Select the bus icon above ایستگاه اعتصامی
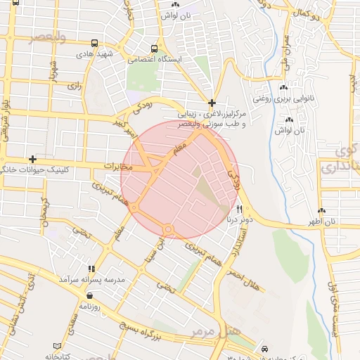pyautogui.click(x=154, y=49)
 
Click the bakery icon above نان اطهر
pyautogui.click(x=322, y=210)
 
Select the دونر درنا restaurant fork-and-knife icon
pyautogui.click(x=239, y=209)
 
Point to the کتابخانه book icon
pyautogui.click(x=58, y=347)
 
